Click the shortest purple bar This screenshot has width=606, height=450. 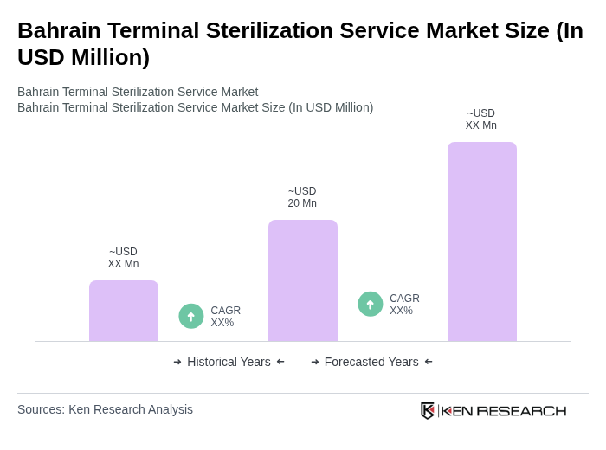[124, 311]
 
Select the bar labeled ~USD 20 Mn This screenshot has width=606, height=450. [303, 280]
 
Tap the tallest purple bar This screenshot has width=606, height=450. [482, 241]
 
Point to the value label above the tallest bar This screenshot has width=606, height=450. [481, 119]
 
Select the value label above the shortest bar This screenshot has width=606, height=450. [123, 258]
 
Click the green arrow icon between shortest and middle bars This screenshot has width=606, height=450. [191, 316]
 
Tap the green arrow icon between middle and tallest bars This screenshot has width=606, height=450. [371, 304]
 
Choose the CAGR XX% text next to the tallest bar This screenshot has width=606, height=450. [404, 305]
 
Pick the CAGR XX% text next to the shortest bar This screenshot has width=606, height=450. [225, 317]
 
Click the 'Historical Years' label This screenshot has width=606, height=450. [229, 362]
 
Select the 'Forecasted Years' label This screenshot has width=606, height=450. [371, 362]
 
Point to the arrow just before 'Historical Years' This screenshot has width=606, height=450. [177, 362]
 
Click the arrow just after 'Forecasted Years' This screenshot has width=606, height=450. [429, 362]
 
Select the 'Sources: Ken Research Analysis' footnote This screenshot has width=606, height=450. [105, 409]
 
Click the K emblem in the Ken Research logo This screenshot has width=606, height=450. [428, 410]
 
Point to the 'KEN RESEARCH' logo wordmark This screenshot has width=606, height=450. [504, 410]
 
